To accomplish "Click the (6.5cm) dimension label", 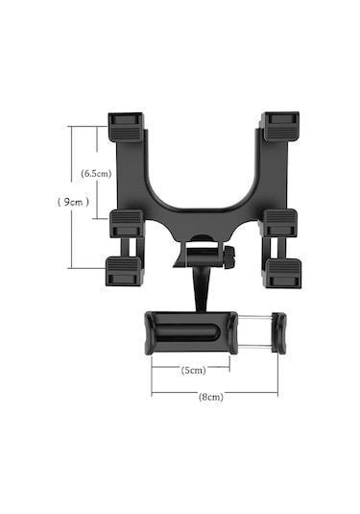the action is click(96, 173).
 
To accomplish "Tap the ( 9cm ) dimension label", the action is click(73, 202).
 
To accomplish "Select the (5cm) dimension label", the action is click(194, 370).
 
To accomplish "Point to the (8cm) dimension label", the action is click(211, 397).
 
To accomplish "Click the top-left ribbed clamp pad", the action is click(126, 127).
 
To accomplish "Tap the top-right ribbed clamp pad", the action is click(280, 126).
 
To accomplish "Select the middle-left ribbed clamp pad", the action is click(127, 224).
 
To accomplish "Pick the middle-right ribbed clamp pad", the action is click(280, 223).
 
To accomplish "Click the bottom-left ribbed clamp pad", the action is click(125, 271).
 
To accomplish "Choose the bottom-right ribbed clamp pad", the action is click(283, 273).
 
